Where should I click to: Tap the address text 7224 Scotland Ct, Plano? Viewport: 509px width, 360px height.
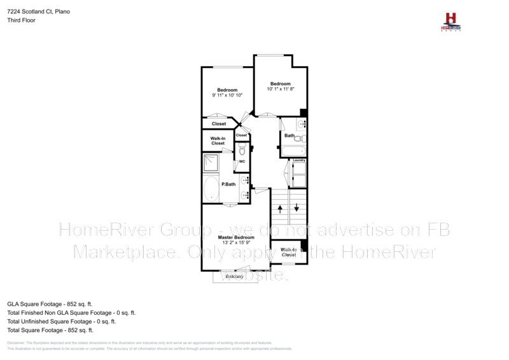pos(39,11)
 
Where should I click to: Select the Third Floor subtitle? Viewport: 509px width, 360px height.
pos(21,20)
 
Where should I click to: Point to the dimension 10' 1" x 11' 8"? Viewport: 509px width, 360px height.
pos(280,89)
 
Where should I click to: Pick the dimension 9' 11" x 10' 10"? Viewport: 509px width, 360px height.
pos(227,95)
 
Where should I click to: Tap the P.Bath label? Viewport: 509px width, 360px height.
pos(228,184)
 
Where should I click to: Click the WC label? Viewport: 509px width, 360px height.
pos(242,162)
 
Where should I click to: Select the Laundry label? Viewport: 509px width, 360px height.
pos(299,160)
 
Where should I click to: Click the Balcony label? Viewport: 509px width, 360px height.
pos(234,276)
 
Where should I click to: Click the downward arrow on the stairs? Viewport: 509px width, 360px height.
pos(296,208)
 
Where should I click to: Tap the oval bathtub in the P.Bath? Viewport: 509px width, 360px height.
pos(211,190)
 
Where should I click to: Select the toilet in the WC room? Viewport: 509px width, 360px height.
pos(242,150)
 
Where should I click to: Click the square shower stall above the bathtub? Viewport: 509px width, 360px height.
pos(211,163)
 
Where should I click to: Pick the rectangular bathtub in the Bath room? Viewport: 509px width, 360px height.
pos(293,151)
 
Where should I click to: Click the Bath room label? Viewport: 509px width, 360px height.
pos(289,135)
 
